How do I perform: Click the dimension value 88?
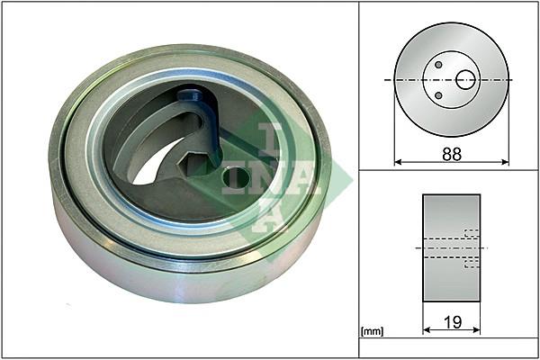pyautogui.click(x=452, y=154)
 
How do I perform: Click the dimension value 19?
pyautogui.click(x=452, y=322)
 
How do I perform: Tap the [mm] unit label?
pyautogui.click(x=372, y=331)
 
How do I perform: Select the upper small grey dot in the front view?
pyautogui.click(x=438, y=65)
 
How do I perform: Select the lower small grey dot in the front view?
pyautogui.click(x=438, y=95)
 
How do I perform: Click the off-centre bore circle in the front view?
pyautogui.click(x=465, y=79)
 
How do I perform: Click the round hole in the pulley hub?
pyautogui.click(x=236, y=177)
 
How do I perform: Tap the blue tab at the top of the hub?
pyautogui.click(x=189, y=95)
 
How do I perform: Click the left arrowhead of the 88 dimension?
pyautogui.click(x=398, y=162)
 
